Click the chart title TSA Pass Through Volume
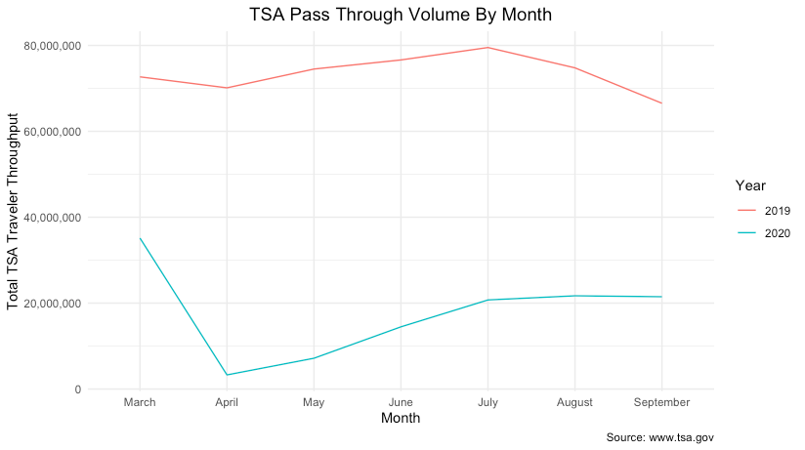point(401,15)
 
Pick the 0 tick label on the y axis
point(75,389)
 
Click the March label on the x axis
point(140,402)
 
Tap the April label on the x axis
point(227,402)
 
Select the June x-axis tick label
point(401,402)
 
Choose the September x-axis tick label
point(661,402)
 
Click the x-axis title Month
point(401,418)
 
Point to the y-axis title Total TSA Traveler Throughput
point(14,218)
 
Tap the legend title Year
point(750,184)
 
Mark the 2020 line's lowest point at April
point(227,375)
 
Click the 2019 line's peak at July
point(487,47)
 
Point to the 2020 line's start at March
point(140,238)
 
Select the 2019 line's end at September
point(661,103)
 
